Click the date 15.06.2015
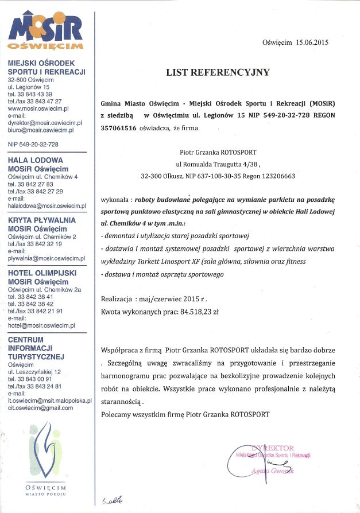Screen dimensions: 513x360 313,42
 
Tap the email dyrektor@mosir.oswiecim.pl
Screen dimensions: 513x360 45,123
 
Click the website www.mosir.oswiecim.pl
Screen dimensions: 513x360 38,108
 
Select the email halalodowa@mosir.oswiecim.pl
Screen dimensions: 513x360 47,205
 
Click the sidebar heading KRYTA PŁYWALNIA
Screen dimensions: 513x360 42,220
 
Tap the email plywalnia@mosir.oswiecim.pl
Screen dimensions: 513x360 47,258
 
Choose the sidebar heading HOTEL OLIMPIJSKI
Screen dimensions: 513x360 42,274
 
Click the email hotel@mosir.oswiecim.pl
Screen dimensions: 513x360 42,325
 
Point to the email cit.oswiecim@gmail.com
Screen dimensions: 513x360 41,407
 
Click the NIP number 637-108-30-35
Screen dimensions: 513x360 220,176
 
